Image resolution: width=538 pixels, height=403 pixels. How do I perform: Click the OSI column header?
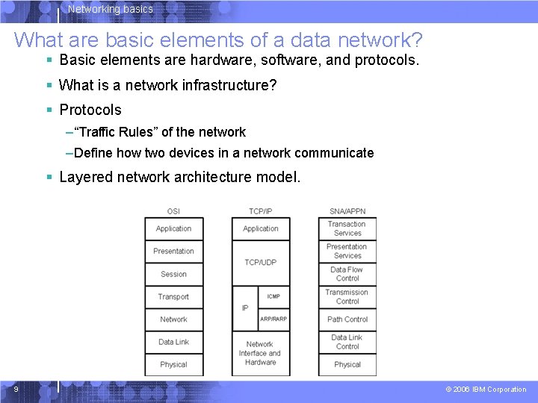[x=173, y=211]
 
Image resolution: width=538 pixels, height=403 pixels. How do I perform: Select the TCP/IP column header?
[x=261, y=211]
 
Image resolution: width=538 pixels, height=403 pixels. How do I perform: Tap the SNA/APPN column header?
[x=347, y=211]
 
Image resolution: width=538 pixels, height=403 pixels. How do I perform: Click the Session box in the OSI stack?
[x=173, y=274]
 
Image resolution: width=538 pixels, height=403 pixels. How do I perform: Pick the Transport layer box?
[x=173, y=296]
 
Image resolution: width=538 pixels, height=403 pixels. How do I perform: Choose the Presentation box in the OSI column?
[x=173, y=252]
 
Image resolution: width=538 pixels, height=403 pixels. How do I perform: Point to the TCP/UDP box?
[x=261, y=263]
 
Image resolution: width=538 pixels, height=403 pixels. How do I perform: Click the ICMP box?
[x=273, y=296]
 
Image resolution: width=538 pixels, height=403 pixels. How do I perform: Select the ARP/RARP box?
[x=273, y=319]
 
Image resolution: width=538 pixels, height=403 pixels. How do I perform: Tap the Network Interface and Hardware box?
[x=260, y=353]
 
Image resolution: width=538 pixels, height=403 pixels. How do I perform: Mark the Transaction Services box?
[x=347, y=228]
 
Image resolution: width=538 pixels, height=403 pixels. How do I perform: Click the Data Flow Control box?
[x=347, y=274]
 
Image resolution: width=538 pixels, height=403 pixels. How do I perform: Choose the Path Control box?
[x=347, y=319]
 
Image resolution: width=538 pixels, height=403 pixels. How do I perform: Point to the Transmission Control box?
[x=347, y=296]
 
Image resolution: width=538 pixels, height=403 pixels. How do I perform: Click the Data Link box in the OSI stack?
[x=173, y=342]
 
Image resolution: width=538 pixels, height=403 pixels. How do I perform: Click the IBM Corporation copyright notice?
[x=486, y=390]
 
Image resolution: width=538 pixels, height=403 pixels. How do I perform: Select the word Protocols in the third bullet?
[x=90, y=110]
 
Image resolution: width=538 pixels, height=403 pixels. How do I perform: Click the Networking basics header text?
[x=110, y=10]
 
